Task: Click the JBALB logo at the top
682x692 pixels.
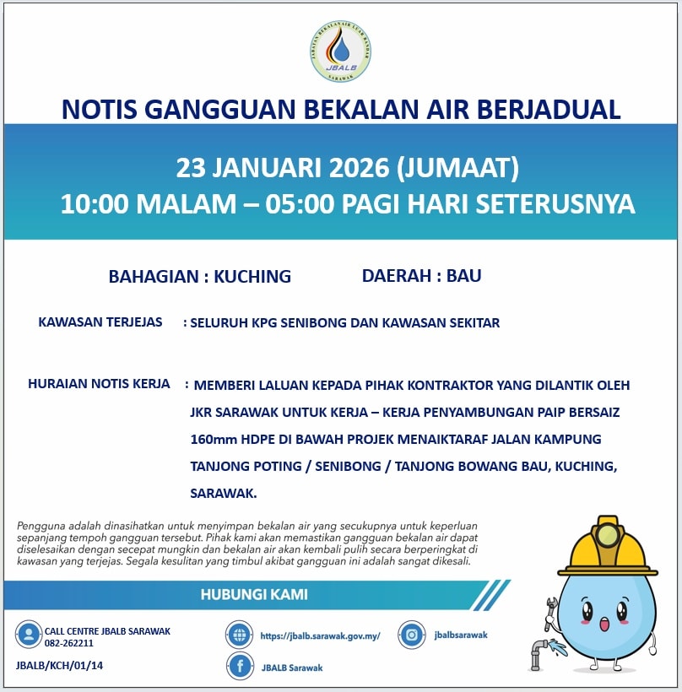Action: click(340, 51)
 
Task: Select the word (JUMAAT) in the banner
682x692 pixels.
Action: click(457, 167)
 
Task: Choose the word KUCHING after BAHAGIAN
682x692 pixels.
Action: click(252, 276)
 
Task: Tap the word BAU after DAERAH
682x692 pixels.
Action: click(463, 275)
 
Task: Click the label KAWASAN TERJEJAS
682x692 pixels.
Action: click(100, 322)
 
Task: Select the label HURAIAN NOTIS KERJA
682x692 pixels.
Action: click(99, 383)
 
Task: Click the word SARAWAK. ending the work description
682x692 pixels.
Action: click(224, 493)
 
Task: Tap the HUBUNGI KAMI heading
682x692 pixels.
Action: click(254, 594)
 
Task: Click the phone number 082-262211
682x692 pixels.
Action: click(69, 643)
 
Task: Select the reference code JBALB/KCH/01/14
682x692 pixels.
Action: click(59, 665)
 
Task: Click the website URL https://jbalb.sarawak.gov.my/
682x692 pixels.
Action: click(321, 635)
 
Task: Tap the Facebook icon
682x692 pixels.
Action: click(241, 667)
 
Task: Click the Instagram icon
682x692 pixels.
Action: click(412, 635)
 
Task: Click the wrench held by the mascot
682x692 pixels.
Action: click(549, 613)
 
